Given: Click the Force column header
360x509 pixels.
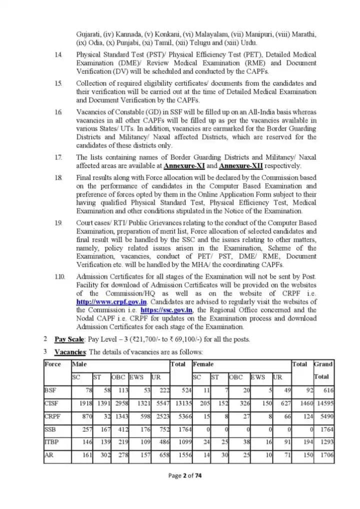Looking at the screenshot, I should click(x=52, y=364).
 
